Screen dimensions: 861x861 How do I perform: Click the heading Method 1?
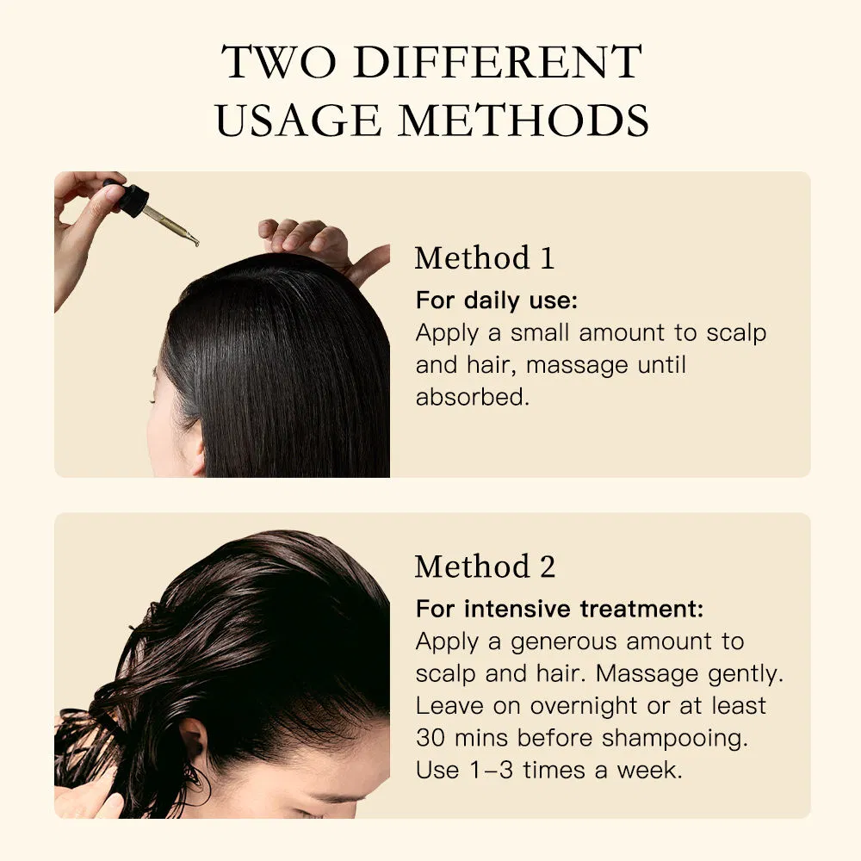pos(484,258)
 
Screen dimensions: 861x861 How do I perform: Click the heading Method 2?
pos(485,567)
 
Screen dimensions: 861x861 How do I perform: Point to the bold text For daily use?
pos(496,300)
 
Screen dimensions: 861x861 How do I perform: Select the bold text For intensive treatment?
pos(560,609)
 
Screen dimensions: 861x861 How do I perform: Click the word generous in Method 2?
pos(563,641)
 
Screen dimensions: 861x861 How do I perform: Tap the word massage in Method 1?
pos(574,364)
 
